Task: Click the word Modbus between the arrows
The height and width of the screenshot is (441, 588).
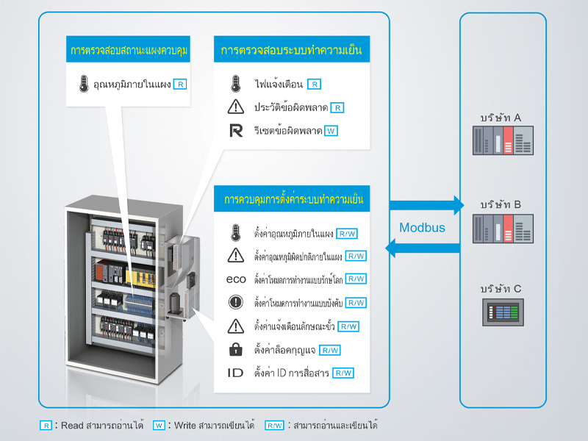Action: (x=422, y=228)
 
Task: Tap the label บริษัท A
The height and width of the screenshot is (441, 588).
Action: (x=501, y=118)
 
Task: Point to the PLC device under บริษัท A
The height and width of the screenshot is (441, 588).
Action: (x=502, y=140)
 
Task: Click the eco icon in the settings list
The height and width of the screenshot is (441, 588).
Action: (x=235, y=279)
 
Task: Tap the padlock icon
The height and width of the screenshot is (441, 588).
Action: (x=235, y=350)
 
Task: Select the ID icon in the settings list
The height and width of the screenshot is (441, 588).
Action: (x=235, y=373)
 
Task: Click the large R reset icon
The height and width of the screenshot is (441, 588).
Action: (x=235, y=131)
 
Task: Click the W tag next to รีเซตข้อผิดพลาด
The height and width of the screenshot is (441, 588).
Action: (x=331, y=131)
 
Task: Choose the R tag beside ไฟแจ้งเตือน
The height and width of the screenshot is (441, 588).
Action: (x=314, y=84)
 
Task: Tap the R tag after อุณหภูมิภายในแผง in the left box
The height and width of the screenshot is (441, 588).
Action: (x=180, y=84)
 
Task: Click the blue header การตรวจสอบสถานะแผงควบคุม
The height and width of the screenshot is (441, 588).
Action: (x=130, y=51)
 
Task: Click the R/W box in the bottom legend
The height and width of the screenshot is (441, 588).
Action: (x=274, y=425)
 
